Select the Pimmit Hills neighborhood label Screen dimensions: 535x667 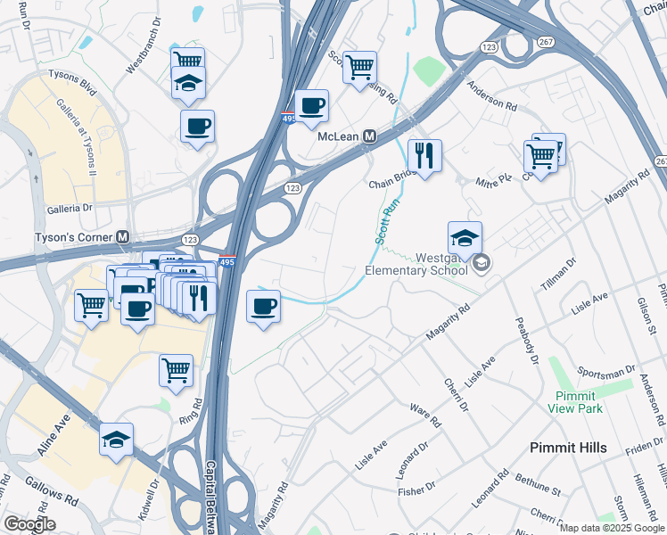point(568,448)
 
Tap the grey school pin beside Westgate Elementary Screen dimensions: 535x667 point(482,262)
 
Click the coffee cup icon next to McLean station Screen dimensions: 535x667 point(312,106)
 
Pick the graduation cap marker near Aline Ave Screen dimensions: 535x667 point(116,440)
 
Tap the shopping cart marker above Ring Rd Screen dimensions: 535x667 point(177,368)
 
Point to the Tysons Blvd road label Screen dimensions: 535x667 point(72,77)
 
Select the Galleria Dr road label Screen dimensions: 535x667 point(70,208)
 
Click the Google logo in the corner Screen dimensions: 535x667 point(30,524)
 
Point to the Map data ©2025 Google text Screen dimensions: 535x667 point(612,528)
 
